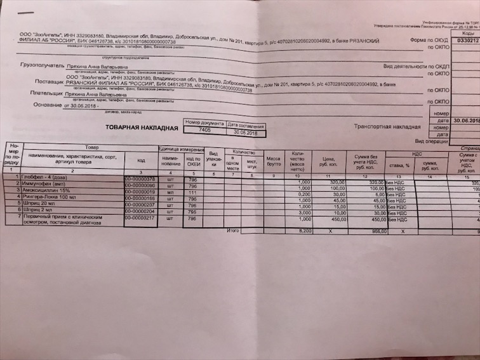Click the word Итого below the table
233,230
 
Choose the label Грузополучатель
43,65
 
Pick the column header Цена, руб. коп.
328,162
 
